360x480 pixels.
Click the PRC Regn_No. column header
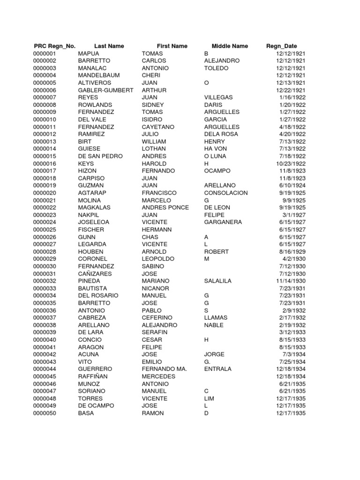[55, 46]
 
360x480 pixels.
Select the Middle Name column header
[230, 46]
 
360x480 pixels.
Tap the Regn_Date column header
[281, 46]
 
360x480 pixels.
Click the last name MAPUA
[89, 53]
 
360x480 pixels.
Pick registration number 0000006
[45, 90]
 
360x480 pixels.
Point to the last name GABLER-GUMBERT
[106, 90]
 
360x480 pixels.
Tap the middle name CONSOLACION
[226, 193]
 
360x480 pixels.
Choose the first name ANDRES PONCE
[165, 208]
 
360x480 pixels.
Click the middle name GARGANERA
[223, 222]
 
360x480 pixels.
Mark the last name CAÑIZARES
[95, 274]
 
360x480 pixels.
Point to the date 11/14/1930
[291, 281]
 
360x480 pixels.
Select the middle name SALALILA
[218, 281]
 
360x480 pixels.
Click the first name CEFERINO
[157, 318]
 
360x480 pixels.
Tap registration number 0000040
[45, 340]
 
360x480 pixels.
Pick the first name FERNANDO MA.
[165, 369]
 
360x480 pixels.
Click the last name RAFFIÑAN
[93, 376]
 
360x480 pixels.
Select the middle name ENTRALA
[218, 369]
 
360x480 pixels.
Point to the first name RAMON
[153, 413]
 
